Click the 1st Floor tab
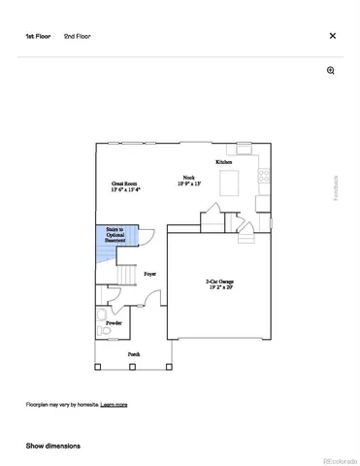(x=38, y=35)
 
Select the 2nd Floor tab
(x=77, y=35)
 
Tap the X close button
(x=333, y=35)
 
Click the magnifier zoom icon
(x=331, y=71)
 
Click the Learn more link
(x=114, y=404)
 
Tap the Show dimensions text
(x=52, y=446)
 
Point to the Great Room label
(x=126, y=183)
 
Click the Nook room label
(x=183, y=178)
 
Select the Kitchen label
(x=224, y=161)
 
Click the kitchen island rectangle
(x=230, y=183)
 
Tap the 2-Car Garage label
(x=220, y=281)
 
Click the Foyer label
(x=150, y=275)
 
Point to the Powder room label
(x=114, y=321)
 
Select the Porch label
(x=133, y=354)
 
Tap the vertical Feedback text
(x=337, y=186)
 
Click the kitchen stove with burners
(x=262, y=176)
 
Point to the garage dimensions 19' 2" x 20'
(x=220, y=287)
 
